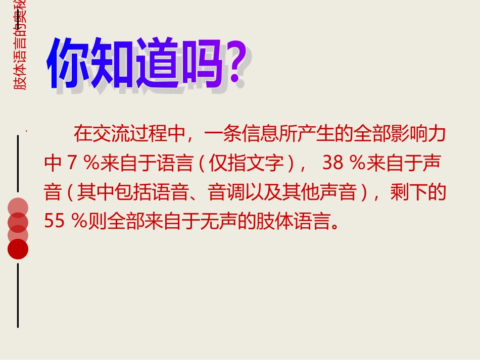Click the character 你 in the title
(x=69, y=64)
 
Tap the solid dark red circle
(x=18, y=248)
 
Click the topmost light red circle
(x=18, y=208)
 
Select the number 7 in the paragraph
(x=71, y=163)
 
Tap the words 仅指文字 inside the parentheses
(x=248, y=163)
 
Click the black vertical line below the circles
(x=18, y=295)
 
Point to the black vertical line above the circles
(x=18, y=162)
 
